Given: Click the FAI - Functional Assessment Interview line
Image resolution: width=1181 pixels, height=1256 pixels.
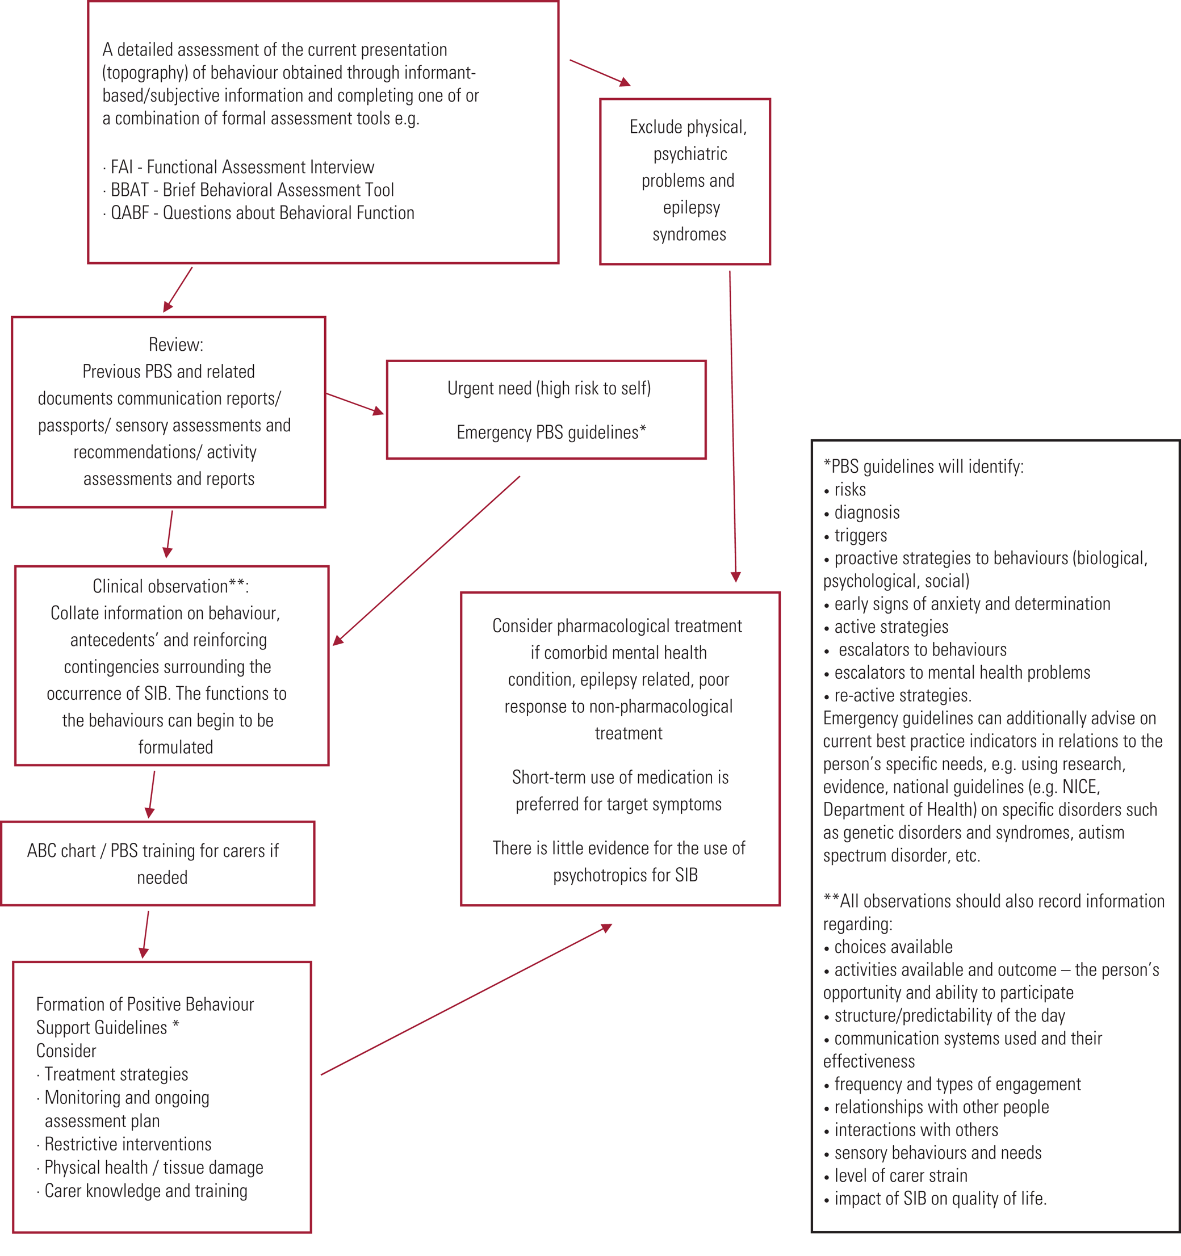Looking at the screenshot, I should (242, 167).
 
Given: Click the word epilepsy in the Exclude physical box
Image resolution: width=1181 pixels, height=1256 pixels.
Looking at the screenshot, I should (690, 207).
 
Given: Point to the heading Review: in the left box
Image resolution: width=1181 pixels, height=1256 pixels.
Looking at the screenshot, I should (175, 345).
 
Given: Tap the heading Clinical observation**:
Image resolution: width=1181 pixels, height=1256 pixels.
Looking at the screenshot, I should (170, 586).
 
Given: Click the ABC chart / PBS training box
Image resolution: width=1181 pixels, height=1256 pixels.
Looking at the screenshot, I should (157, 864).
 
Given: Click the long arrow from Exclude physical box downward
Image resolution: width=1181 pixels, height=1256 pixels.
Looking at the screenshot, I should (732, 426).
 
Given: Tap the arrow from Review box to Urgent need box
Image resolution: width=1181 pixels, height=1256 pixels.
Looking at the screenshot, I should (354, 403).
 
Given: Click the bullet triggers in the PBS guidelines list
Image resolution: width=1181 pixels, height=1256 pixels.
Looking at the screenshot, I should (860, 536).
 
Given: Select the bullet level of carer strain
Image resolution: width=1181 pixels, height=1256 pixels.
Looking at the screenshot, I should (901, 1176).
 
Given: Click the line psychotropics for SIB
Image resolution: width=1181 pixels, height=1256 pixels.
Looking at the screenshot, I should (625, 875).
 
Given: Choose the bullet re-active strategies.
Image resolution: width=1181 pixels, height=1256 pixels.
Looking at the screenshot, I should (902, 696).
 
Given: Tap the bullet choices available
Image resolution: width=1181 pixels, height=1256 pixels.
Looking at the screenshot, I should (893, 947).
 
